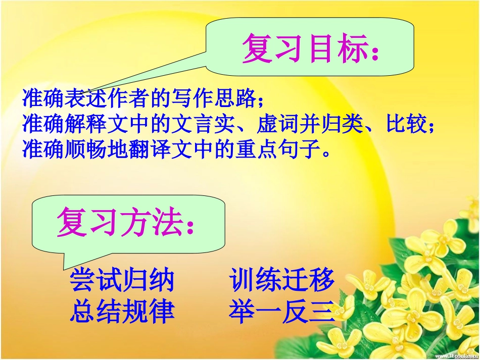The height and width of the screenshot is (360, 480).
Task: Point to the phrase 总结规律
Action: pos(122,311)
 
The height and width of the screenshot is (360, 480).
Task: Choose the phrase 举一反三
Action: pos(281,311)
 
